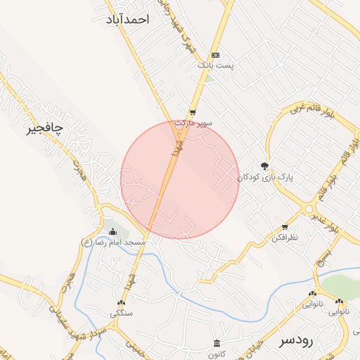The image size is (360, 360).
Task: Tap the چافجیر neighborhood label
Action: [x=44, y=128]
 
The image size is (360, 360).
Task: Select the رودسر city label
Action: [x=295, y=340]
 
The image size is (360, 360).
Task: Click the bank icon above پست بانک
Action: [x=215, y=55]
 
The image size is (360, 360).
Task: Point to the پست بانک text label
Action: [x=214, y=65]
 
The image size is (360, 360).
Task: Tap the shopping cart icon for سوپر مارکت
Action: [x=193, y=112]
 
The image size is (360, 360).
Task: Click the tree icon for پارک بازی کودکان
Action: [x=264, y=167]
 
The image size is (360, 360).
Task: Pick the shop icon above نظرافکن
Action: [x=285, y=227]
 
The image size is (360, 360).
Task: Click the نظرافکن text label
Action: [x=284, y=238]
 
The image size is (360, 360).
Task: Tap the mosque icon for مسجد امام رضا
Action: [x=112, y=232]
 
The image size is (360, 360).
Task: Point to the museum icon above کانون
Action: [x=216, y=343]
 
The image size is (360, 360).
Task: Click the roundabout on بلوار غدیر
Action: [x=309, y=209]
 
